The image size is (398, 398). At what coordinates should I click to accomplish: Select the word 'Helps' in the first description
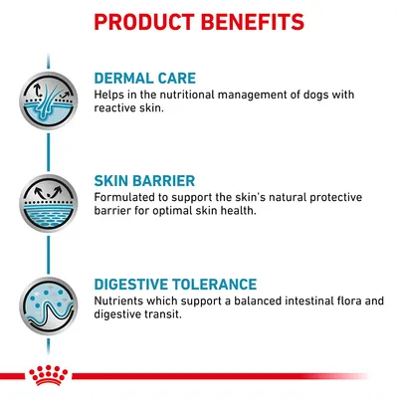(109, 95)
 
